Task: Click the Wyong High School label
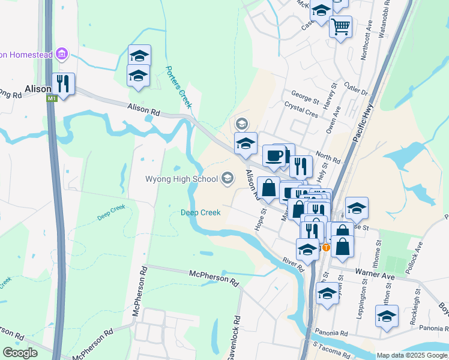(181, 179)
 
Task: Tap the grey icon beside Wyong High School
(228, 178)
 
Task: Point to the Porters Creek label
(178, 86)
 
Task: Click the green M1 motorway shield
(52, 98)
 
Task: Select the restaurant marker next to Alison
(62, 83)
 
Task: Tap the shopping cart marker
(340, 26)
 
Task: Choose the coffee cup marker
(274, 155)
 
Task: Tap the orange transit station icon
(326, 247)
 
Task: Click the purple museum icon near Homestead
(61, 55)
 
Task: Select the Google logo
(20, 353)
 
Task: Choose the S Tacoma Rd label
(337, 347)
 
